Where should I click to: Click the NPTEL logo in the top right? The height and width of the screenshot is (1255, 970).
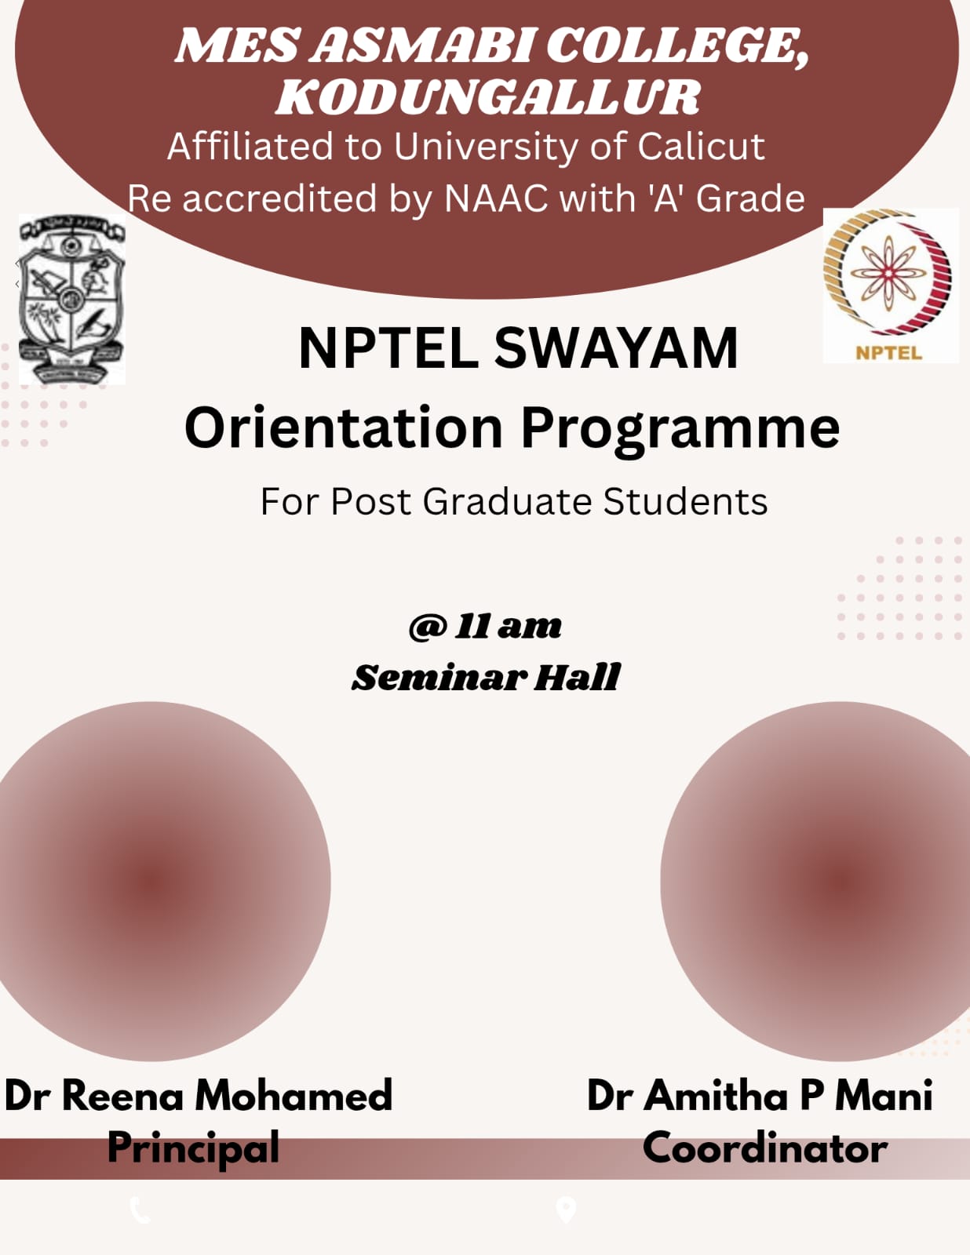890,286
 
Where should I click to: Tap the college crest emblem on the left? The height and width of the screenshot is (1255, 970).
72,299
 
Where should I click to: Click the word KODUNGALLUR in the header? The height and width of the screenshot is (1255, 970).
488,96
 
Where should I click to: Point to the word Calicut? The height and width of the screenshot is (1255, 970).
702,146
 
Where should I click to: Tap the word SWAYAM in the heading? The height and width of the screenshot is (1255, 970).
616,348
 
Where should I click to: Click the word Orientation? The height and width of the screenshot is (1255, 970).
344,428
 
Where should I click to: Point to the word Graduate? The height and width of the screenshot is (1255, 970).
507,500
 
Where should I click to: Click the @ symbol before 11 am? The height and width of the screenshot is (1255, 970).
428,627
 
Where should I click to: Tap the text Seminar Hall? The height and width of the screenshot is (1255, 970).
486,677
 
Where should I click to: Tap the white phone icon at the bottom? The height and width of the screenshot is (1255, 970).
140,1210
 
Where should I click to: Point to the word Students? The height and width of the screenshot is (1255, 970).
686,500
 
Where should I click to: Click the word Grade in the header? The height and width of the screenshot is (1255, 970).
750,198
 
